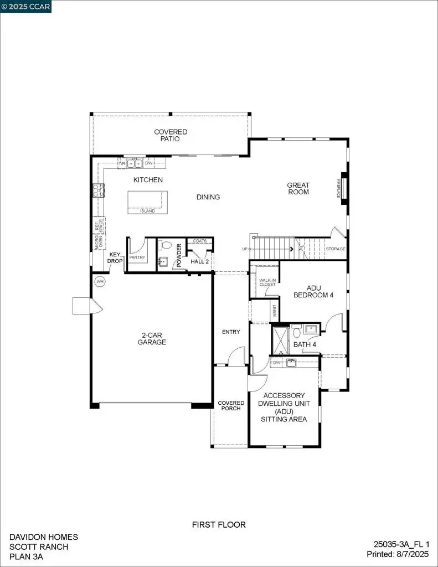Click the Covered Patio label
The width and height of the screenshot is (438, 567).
171,135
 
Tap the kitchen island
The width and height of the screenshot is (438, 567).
147,202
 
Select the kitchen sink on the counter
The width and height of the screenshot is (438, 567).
133,163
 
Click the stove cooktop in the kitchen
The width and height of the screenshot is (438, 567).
99,191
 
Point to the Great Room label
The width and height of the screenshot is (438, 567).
298,189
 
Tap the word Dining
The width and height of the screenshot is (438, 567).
208,197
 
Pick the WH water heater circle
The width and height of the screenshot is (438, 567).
100,281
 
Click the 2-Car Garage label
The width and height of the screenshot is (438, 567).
152,338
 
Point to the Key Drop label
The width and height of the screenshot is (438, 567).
115,257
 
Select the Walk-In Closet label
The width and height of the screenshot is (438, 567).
267,282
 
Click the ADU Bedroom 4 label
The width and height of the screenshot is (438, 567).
313,292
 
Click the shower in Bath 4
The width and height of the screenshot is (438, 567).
281,340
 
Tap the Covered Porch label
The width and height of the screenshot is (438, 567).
231,405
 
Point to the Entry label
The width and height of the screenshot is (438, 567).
231,332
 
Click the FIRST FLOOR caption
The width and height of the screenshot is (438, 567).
219,524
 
